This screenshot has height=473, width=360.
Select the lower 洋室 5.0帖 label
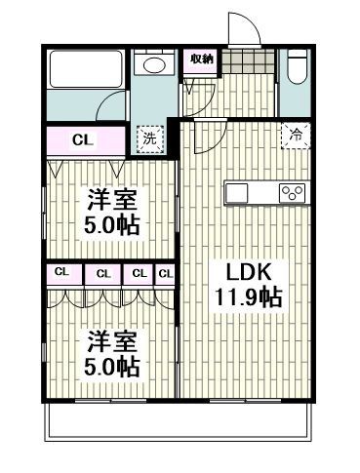tap(113, 354)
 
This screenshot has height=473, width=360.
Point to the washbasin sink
tap(154, 65)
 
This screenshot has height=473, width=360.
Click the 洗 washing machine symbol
tap(149, 138)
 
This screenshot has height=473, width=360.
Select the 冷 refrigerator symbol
tap(294, 137)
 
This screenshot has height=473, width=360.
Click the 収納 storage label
tap(201, 59)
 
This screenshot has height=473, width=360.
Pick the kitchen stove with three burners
tap(291, 192)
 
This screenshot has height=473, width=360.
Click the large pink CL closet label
tap(84, 139)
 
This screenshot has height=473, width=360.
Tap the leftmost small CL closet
tap(61, 272)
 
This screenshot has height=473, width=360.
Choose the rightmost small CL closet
tap(165, 273)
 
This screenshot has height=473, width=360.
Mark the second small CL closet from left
tap(102, 273)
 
